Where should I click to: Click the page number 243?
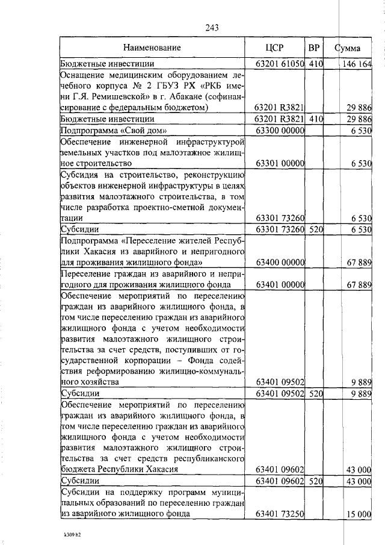211,27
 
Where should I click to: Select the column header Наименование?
152,47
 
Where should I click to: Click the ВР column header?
313,47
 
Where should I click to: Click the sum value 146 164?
359,64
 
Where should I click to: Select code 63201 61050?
279,64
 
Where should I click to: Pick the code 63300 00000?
279,130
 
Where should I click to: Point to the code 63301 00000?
279,163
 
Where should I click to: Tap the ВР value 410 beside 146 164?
315,64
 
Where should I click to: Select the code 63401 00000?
279,284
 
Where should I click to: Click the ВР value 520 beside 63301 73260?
315,229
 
